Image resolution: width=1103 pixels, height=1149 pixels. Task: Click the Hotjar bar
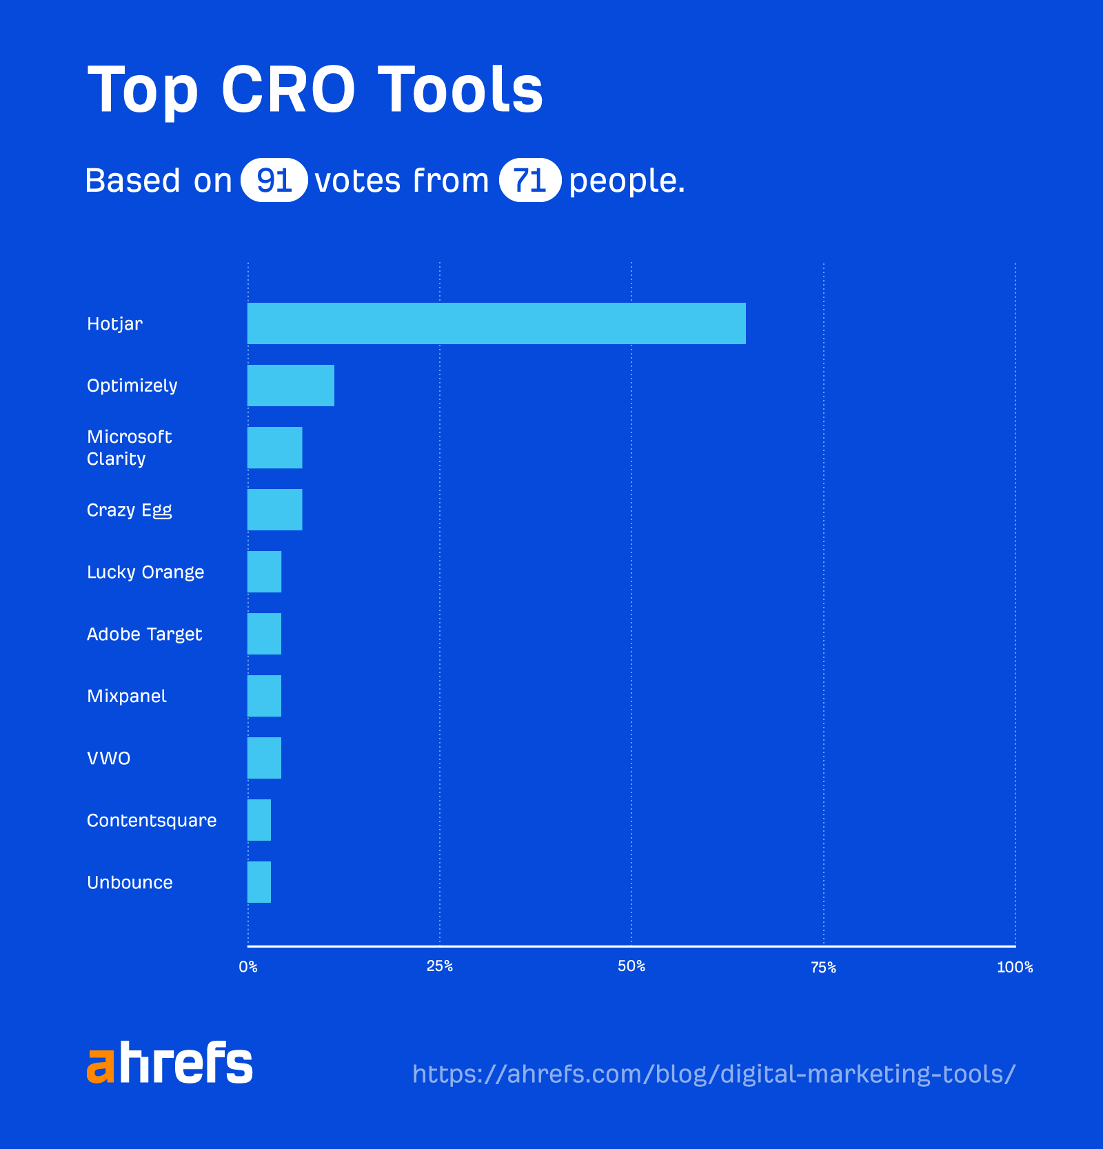pos(496,323)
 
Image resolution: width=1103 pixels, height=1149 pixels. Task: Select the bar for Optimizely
pos(291,386)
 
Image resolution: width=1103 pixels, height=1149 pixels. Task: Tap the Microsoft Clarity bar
pos(275,448)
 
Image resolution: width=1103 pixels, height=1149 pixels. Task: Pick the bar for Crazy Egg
pos(275,510)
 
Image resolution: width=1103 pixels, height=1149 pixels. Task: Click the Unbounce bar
pos(259,882)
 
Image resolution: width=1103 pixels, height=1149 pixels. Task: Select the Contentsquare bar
pos(259,820)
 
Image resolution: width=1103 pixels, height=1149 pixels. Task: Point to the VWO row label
pos(109,758)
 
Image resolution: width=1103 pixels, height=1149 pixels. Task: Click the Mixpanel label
pos(127,696)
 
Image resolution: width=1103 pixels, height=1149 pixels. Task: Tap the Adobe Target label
pos(145,634)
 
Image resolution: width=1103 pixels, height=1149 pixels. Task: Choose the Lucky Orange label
pos(145,572)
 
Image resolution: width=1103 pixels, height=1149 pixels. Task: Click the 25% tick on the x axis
pos(440,966)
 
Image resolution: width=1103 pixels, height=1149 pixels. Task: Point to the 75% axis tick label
pos(823,968)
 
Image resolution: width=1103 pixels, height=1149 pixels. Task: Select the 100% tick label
pos(1015,968)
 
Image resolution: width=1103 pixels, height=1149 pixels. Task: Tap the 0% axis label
pos(248,967)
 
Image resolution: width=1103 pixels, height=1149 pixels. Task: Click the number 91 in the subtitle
pos(274,180)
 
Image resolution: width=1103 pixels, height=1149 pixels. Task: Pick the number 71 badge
pos(529,180)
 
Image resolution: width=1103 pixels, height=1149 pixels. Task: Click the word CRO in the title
pos(288,90)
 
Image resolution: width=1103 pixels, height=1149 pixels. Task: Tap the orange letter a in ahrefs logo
pos(100,1065)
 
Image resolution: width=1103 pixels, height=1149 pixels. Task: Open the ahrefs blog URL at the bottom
pos(714,1074)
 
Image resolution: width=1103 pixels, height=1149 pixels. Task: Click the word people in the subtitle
pos(626,181)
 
